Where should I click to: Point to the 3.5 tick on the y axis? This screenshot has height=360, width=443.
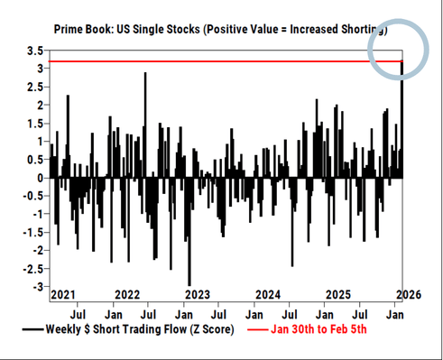point(32,51)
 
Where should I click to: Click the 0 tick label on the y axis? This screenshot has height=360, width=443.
point(38,178)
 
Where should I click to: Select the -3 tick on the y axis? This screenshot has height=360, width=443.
point(37,287)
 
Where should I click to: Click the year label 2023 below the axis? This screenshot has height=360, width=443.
point(195,294)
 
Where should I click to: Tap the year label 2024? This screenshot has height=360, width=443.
point(268,294)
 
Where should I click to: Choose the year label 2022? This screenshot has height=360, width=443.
point(127,294)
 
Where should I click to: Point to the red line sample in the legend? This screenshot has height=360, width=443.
point(254,330)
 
